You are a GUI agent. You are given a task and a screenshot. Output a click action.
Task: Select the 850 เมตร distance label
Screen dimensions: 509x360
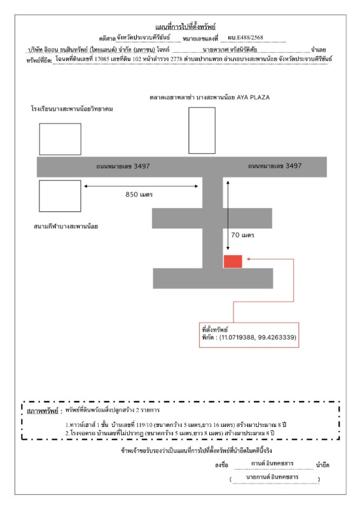point(142,194)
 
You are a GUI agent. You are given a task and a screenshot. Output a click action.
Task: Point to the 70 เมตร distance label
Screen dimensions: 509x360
point(242,235)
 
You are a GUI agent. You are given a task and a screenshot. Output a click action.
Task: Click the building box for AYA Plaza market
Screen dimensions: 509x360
point(202,130)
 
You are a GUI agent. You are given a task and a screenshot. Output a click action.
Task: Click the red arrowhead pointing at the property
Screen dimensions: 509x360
point(249,259)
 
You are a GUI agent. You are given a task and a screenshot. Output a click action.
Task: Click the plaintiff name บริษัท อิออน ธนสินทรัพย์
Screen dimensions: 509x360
point(58,49)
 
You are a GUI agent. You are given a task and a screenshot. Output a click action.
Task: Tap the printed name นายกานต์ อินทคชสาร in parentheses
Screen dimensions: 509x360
point(275,477)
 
